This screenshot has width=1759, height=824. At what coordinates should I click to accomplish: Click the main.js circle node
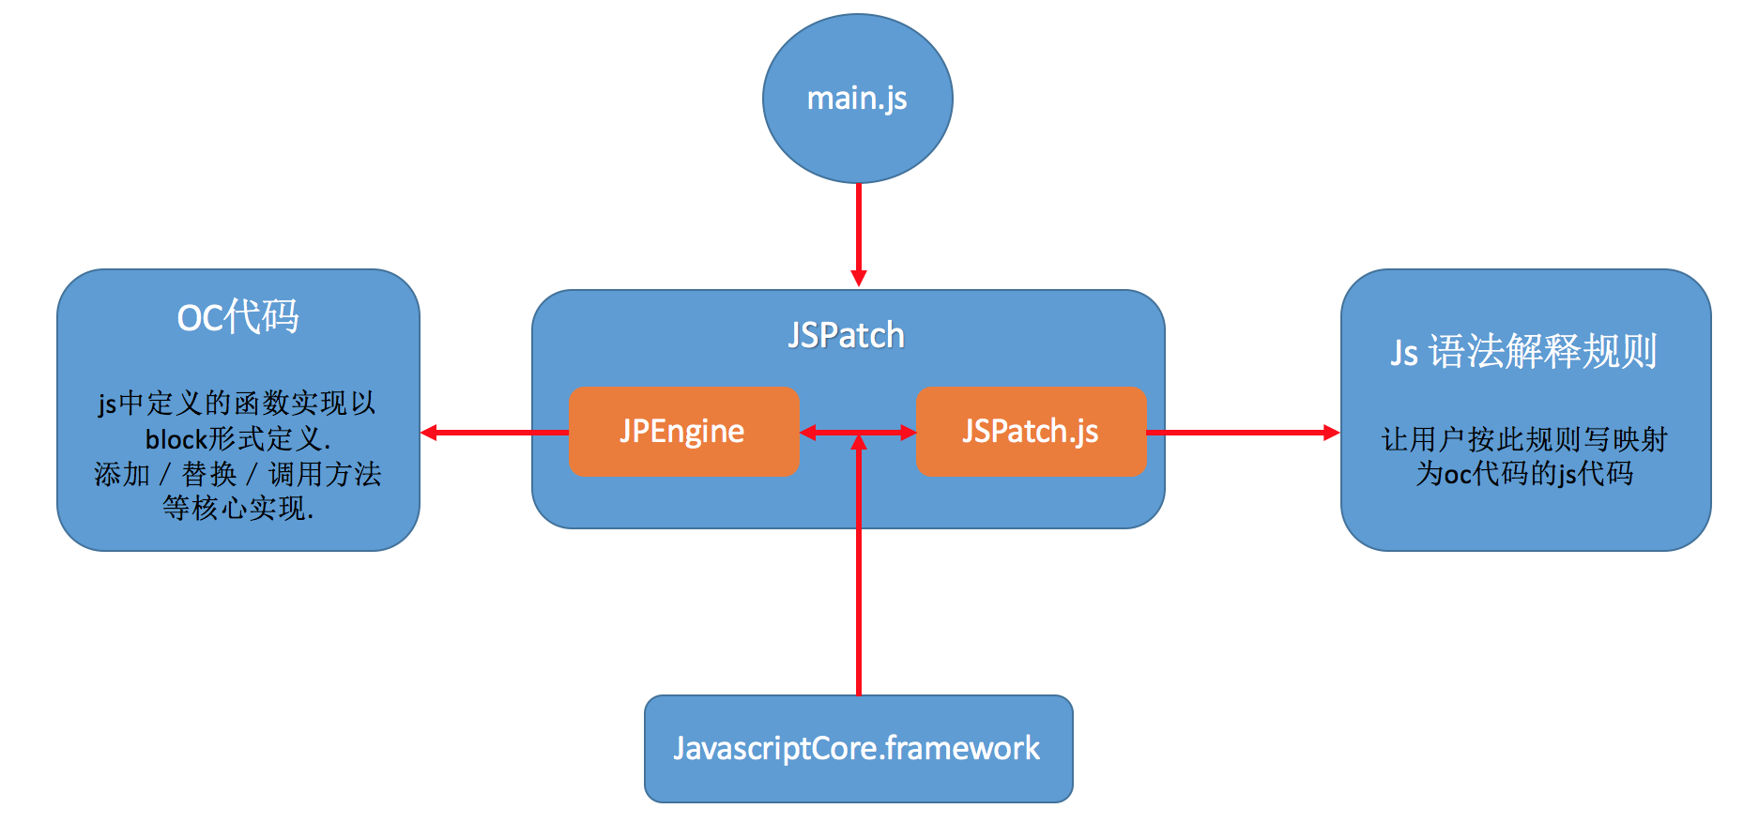857,99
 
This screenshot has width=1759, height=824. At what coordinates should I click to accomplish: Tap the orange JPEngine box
683,432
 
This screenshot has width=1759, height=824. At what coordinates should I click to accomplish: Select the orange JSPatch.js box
1031,432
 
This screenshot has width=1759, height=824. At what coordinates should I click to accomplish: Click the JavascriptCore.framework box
858,749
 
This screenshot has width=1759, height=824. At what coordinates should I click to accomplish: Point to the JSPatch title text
847,335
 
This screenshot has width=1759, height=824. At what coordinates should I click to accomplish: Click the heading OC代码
237,317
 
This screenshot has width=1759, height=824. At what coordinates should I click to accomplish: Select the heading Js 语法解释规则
1524,352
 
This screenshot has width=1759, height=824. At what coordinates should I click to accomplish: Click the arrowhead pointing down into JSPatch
858,278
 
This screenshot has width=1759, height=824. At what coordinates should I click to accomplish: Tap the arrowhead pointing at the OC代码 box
430,433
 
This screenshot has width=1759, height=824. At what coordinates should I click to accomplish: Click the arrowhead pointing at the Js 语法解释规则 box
1331,433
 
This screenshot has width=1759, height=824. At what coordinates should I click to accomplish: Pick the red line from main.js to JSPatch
858,225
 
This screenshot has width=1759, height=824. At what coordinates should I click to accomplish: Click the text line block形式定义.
237,439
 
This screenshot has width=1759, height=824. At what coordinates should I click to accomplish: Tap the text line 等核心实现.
237,509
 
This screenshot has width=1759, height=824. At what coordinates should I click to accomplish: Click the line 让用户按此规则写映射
1524,439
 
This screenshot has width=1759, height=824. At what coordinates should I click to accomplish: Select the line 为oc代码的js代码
1524,474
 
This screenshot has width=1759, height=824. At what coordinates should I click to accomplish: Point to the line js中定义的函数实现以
237,404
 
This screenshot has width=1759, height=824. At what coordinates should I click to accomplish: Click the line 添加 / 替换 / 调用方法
237,474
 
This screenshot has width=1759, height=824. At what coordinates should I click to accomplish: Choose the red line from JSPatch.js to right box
1239,433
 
